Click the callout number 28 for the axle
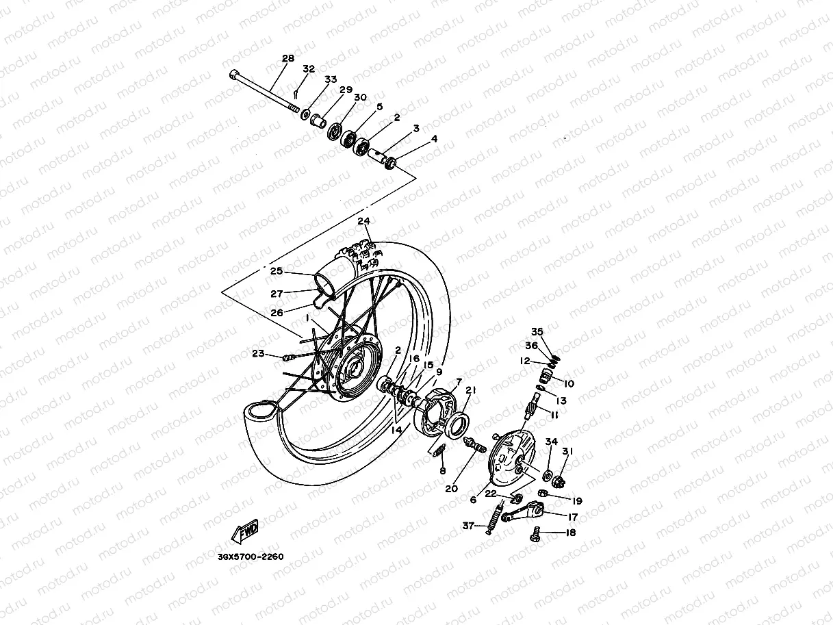pos(287,59)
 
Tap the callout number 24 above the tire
pos(363,221)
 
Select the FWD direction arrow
pos(247,531)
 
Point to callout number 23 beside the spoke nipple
pos(257,354)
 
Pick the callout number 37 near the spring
pos(468,526)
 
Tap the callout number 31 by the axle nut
pos(567,451)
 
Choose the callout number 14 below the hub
pos(397,430)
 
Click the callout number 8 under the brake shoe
pos(442,471)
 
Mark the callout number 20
pos(451,489)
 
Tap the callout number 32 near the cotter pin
pos(309,69)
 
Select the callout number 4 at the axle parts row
pos(433,139)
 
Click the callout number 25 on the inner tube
pos(276,271)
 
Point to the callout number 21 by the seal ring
pos(470,390)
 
